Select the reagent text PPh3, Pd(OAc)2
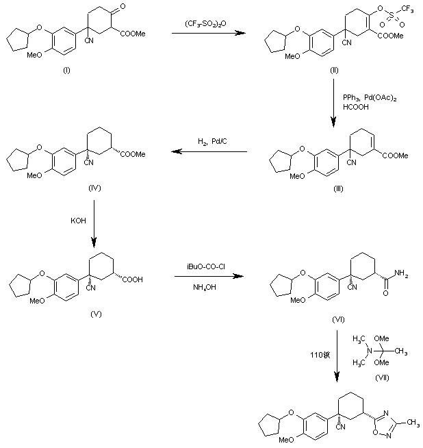click(370, 99)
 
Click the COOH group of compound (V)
click(134, 279)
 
